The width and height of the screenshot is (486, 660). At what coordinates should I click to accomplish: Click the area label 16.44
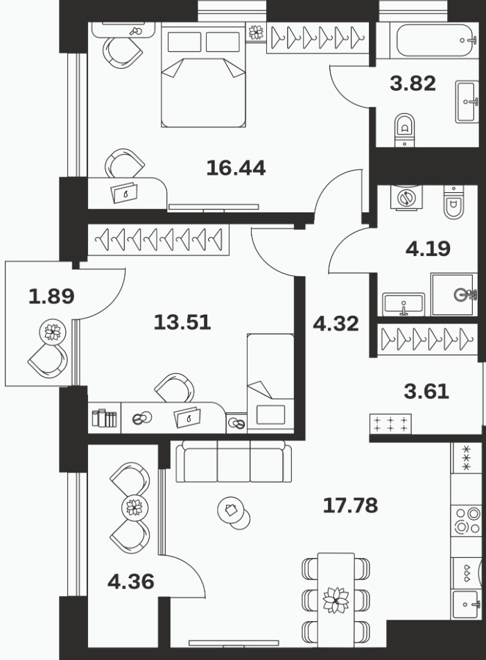pyautogui.click(x=236, y=168)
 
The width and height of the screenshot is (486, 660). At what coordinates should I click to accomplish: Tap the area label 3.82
pyautogui.click(x=413, y=83)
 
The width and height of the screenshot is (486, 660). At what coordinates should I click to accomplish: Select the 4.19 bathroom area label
pyautogui.click(x=428, y=248)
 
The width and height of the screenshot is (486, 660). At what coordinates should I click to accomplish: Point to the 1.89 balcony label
pyautogui.click(x=51, y=296)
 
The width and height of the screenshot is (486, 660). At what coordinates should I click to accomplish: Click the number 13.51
pyautogui.click(x=182, y=323)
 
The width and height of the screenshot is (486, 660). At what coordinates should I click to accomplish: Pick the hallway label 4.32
pyautogui.click(x=336, y=323)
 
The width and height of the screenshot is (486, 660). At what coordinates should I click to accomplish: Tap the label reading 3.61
pyautogui.click(x=426, y=391)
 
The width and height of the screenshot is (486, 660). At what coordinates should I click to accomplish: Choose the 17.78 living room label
pyautogui.click(x=351, y=505)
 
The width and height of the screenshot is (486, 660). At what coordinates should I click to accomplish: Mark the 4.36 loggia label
pyautogui.click(x=131, y=582)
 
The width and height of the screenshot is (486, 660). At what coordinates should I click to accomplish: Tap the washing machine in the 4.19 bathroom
pyautogui.click(x=406, y=197)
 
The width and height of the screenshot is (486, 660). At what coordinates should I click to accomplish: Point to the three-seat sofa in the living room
pyautogui.click(x=234, y=462)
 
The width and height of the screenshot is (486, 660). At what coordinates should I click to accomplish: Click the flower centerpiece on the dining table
pyautogui.click(x=336, y=600)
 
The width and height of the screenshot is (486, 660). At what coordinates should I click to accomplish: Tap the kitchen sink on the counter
pyautogui.click(x=466, y=604)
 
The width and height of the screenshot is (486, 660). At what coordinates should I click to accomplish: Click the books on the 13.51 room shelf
pyautogui.click(x=104, y=418)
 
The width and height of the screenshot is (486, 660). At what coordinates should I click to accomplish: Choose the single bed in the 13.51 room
pyautogui.click(x=270, y=382)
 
